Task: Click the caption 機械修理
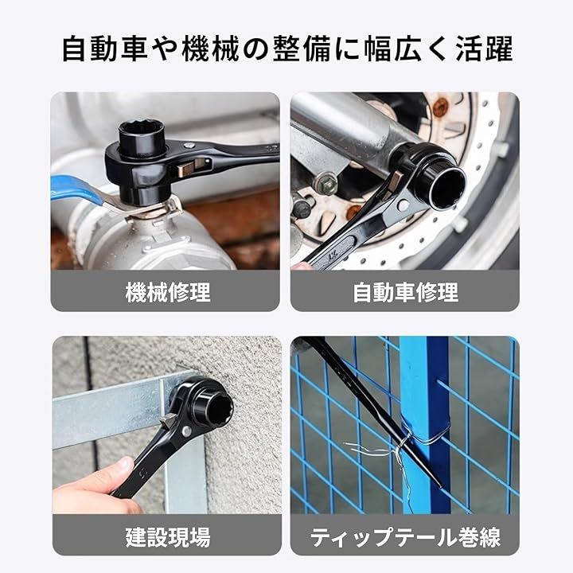pos(168,292)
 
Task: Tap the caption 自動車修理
pos(405,292)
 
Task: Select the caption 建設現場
pos(168,536)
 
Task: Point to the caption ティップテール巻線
pos(405,537)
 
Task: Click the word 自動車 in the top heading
pos(105,49)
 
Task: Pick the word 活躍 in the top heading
pos(484,49)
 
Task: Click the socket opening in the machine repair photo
pos(142,132)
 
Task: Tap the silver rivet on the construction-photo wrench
pos(186,431)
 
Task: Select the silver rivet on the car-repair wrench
pos(403,205)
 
